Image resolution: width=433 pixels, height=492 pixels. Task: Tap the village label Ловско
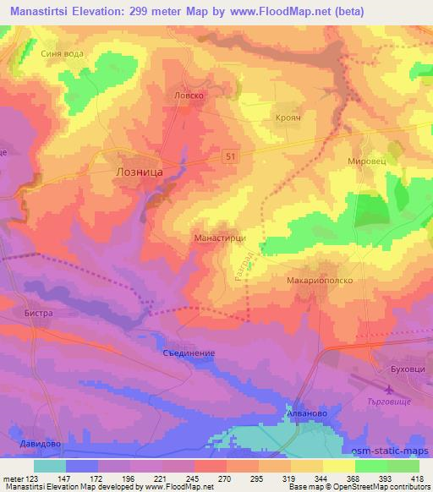click(189, 96)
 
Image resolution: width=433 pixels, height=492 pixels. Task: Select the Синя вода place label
click(62, 52)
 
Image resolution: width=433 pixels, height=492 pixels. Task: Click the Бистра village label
click(39, 313)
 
